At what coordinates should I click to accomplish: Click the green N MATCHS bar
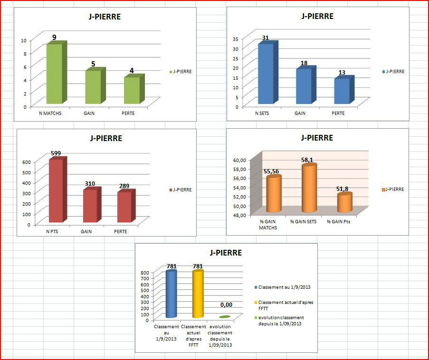click(x=54, y=74)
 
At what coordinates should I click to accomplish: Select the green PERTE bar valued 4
click(x=131, y=90)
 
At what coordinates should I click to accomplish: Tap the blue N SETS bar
click(x=265, y=74)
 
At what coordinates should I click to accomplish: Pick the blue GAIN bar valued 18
click(x=303, y=86)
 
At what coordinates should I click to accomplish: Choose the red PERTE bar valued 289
click(x=124, y=207)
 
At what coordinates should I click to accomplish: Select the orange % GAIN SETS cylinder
click(x=309, y=189)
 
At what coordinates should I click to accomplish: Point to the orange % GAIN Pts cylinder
click(x=344, y=203)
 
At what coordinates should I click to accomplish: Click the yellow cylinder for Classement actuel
click(x=198, y=294)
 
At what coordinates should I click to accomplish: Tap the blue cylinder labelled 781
click(x=171, y=294)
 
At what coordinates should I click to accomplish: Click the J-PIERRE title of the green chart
click(x=105, y=17)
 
